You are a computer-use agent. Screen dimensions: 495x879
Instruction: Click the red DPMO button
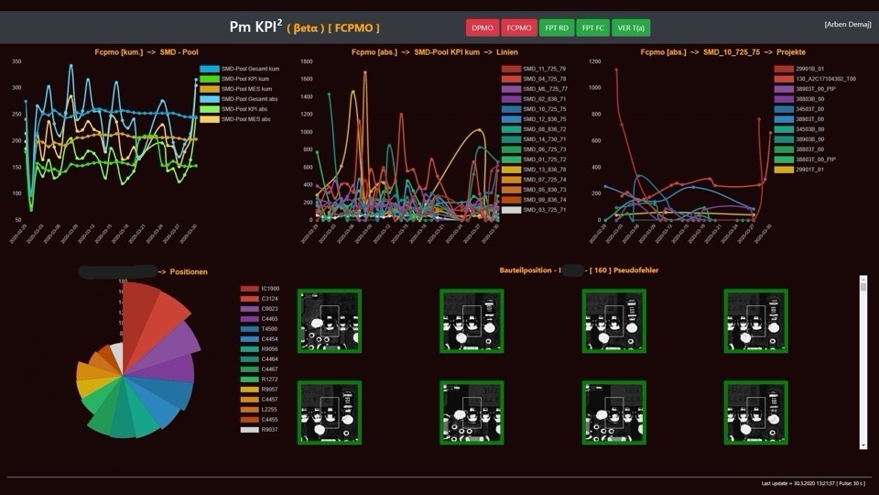coord(483,27)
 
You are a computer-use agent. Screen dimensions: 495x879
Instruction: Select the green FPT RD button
coord(557,27)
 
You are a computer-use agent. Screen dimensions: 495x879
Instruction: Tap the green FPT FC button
coord(593,27)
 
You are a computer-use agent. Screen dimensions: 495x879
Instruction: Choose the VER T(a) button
coord(631,27)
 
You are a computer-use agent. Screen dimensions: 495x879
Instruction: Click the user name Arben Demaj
coord(847,24)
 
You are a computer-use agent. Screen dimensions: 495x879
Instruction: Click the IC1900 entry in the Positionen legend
coord(269,289)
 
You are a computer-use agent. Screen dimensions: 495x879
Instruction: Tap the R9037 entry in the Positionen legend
coord(269,429)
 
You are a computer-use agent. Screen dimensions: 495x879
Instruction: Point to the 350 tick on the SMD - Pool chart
coord(17,61)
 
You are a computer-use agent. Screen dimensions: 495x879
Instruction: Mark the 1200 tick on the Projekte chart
coord(595,61)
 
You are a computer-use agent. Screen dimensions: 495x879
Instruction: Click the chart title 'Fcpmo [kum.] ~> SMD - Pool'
coord(146,52)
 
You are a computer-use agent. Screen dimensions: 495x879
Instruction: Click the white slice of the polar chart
coord(116,357)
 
